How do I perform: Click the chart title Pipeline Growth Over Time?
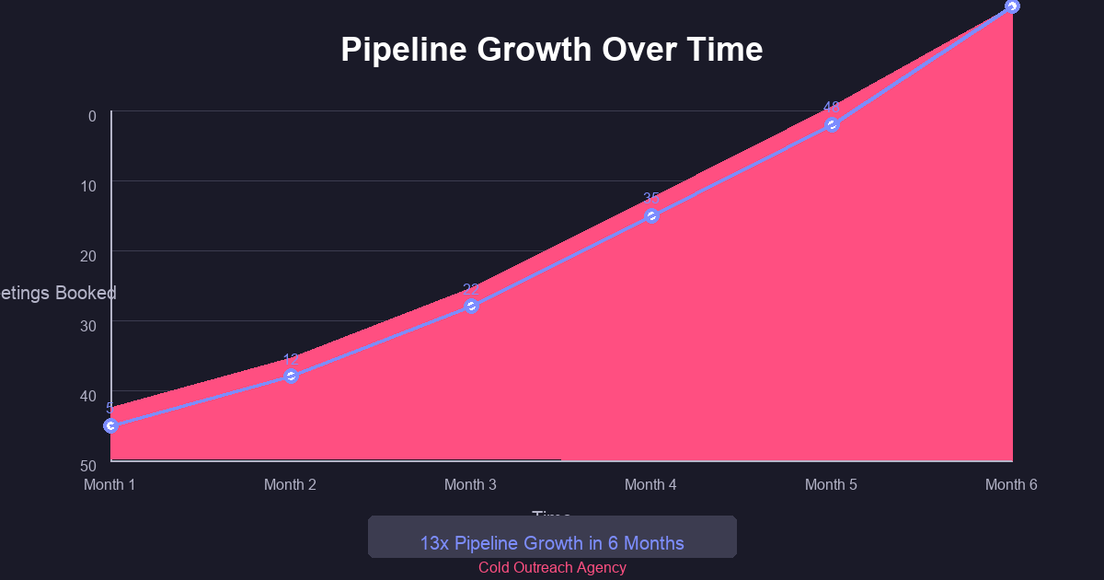(552, 50)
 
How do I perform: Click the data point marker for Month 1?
(111, 425)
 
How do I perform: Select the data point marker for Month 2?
(292, 376)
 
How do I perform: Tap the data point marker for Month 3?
(472, 306)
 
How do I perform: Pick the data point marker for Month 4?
(652, 215)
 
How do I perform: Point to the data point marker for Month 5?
(833, 124)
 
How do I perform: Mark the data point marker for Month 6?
(1012, 6)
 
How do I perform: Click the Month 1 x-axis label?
(109, 484)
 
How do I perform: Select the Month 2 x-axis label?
(290, 484)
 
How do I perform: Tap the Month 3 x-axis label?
(470, 484)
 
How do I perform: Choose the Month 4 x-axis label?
(650, 484)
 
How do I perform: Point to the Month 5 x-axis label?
(831, 484)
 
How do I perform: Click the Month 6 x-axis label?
(1011, 484)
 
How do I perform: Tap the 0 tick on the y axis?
(92, 116)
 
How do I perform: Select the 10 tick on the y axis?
(88, 186)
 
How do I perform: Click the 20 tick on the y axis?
(88, 256)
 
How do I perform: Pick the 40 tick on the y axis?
(88, 396)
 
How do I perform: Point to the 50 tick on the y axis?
(88, 466)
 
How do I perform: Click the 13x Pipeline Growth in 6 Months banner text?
(552, 543)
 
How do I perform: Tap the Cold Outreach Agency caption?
(552, 568)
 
